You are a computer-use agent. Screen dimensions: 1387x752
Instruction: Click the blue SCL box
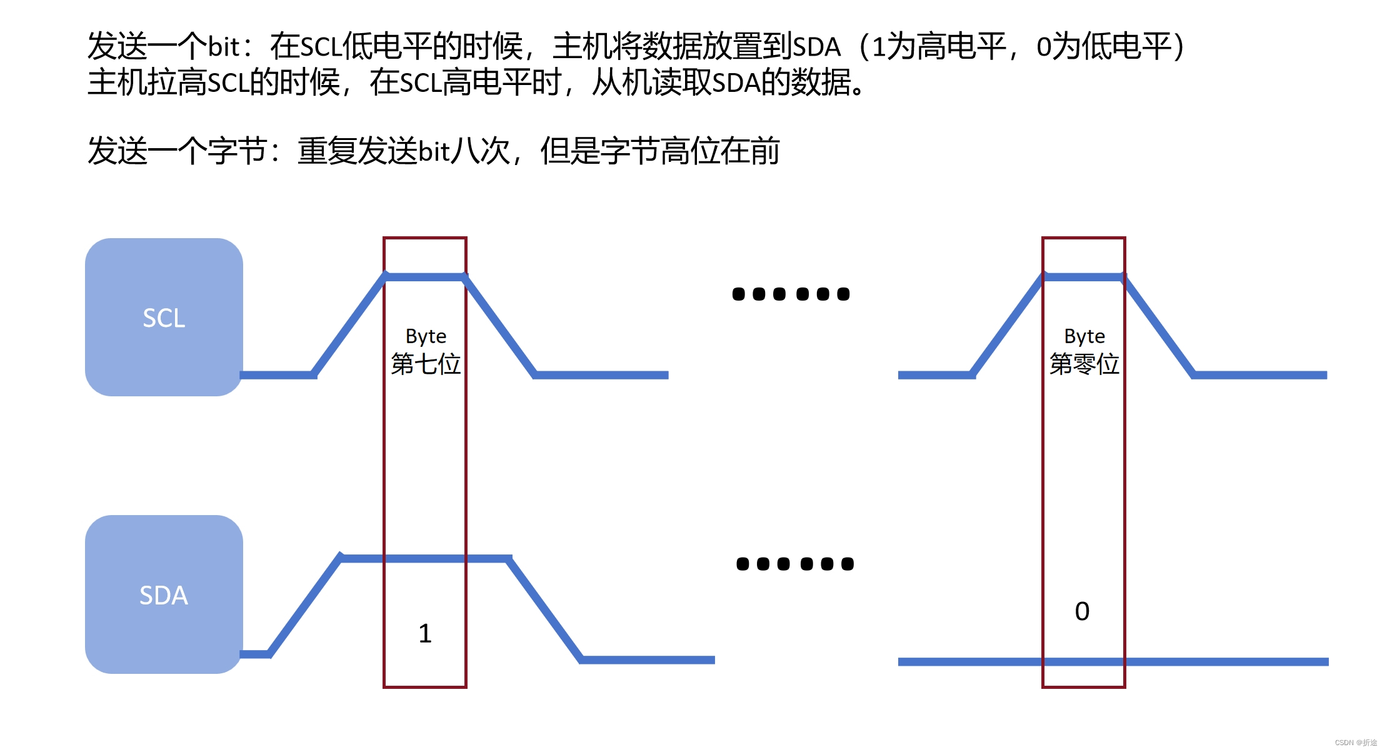click(x=164, y=317)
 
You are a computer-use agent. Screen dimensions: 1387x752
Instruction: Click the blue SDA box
click(x=164, y=594)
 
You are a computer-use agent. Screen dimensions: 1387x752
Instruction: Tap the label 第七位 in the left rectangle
click(x=426, y=364)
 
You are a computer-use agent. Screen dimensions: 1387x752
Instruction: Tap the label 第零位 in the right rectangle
click(x=1084, y=364)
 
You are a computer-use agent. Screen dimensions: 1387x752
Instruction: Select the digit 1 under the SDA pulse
click(x=425, y=633)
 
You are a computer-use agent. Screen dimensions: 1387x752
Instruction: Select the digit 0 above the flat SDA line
click(x=1082, y=611)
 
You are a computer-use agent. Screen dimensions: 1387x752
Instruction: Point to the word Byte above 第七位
click(x=426, y=336)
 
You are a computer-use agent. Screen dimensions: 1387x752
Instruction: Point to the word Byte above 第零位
click(x=1084, y=336)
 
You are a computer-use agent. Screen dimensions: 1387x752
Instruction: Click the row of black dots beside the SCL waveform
click(x=791, y=294)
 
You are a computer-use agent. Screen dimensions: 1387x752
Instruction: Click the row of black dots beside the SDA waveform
click(x=794, y=564)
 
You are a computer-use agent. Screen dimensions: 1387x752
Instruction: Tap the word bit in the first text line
click(x=223, y=47)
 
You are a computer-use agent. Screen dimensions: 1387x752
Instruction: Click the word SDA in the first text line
click(x=816, y=47)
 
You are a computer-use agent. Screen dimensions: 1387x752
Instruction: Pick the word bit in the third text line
click(x=434, y=151)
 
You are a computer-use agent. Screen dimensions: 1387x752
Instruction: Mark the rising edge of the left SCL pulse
click(x=349, y=325)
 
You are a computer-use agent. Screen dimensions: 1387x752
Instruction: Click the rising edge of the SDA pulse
click(x=305, y=605)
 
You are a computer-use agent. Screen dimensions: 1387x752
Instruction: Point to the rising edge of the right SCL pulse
click(x=1008, y=325)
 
